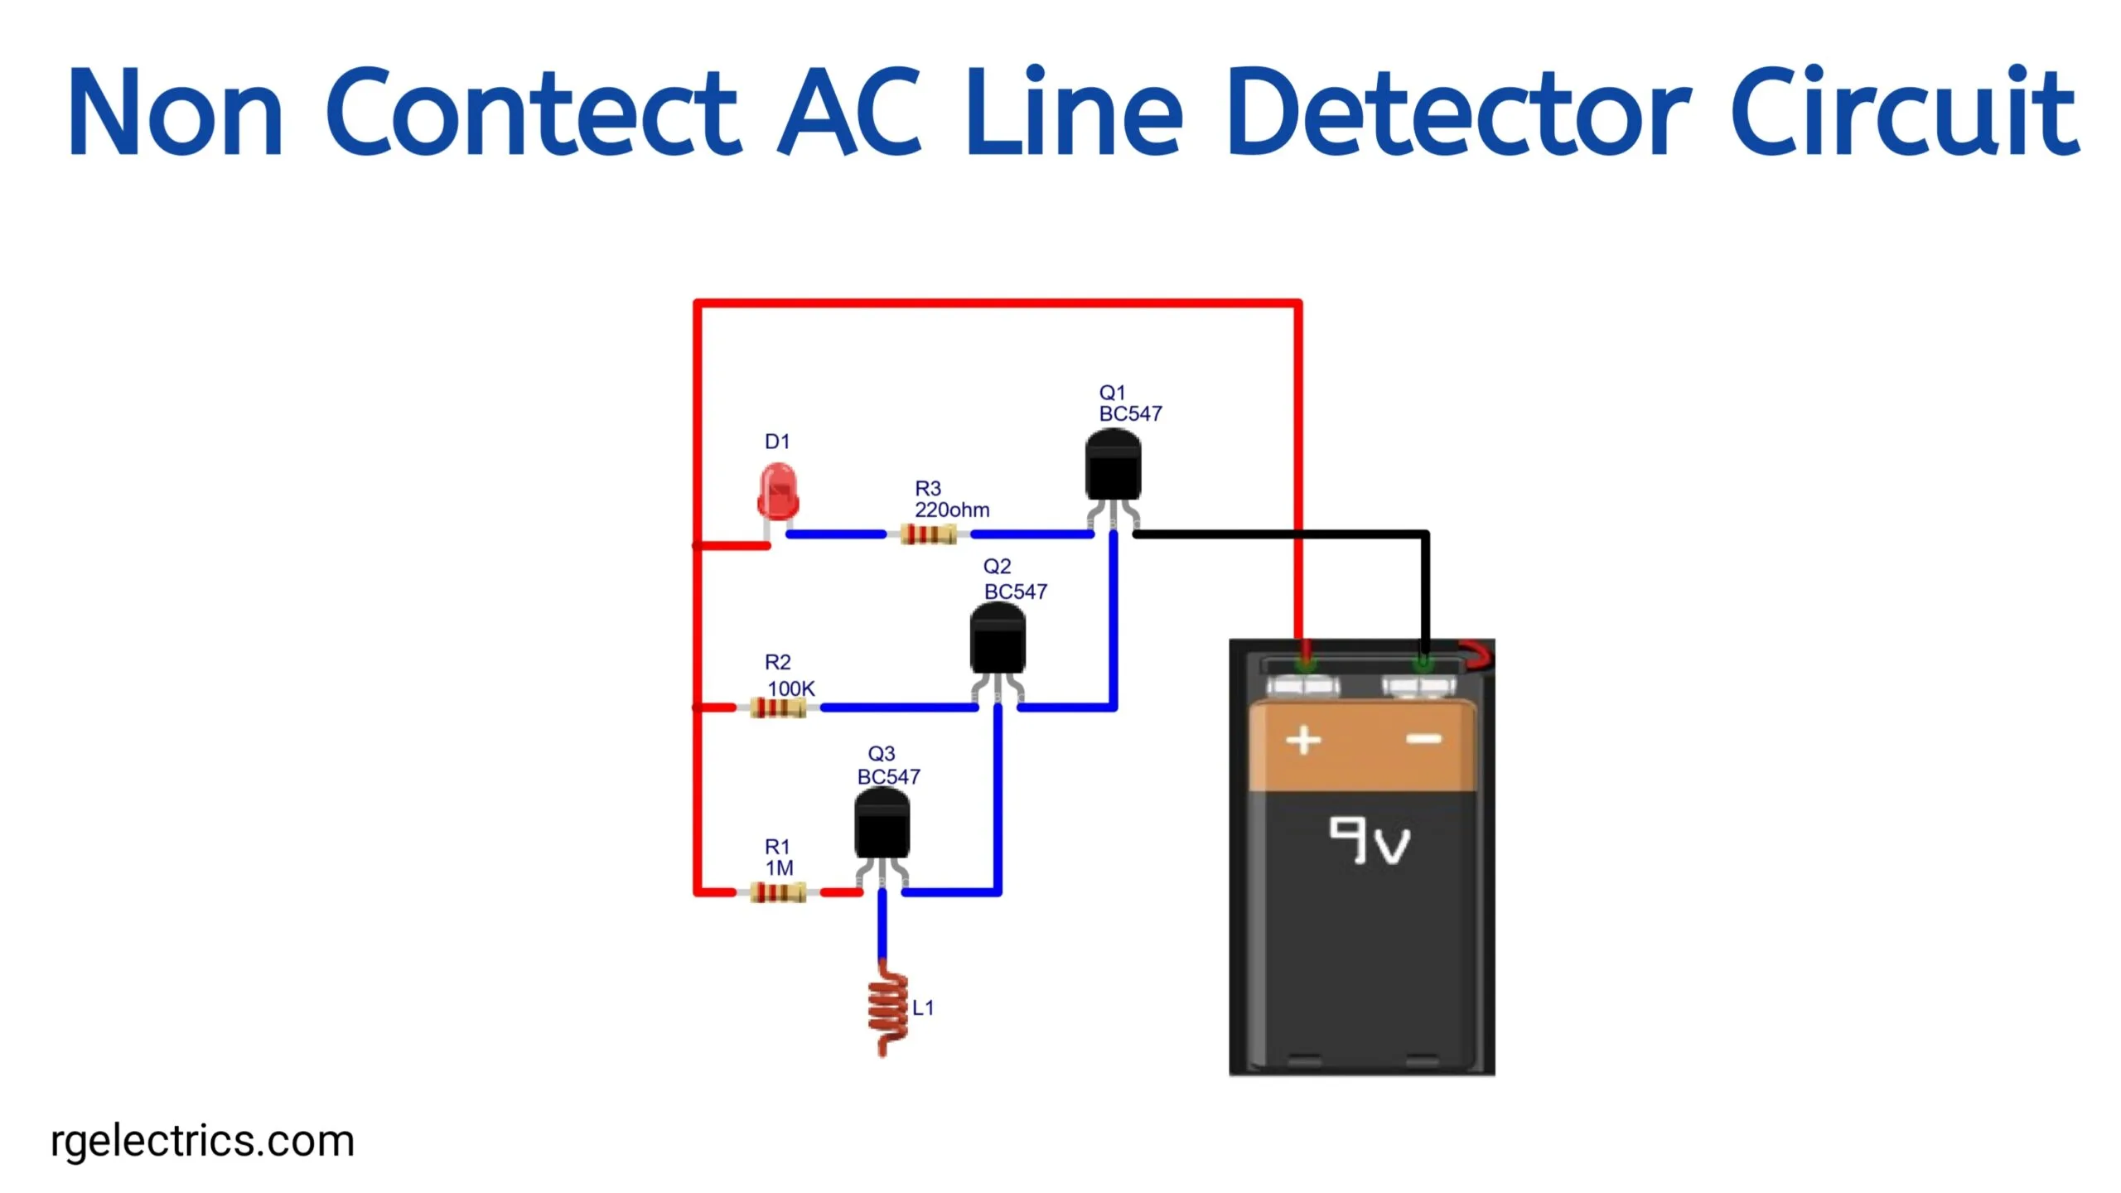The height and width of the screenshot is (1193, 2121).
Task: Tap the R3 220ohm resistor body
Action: (x=928, y=534)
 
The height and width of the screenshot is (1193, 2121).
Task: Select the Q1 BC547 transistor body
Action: (x=1113, y=468)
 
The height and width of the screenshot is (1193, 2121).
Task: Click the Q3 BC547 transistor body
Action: (x=882, y=825)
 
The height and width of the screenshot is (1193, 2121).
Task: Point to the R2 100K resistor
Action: (x=778, y=708)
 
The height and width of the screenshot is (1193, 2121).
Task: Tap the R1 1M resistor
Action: (x=778, y=892)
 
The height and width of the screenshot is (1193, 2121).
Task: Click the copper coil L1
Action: (x=887, y=1010)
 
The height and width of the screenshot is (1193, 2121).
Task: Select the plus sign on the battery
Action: (x=1303, y=740)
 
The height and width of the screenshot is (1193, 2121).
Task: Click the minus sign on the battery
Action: (x=1424, y=739)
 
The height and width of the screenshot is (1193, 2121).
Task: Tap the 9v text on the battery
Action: (x=1369, y=841)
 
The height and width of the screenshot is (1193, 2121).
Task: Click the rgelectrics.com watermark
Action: (x=203, y=1142)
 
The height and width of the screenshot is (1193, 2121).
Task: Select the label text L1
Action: (x=923, y=1008)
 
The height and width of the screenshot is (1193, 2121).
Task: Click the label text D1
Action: (x=776, y=442)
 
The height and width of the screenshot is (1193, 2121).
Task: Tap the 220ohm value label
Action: (x=951, y=510)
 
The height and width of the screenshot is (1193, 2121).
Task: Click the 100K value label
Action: (x=790, y=688)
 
